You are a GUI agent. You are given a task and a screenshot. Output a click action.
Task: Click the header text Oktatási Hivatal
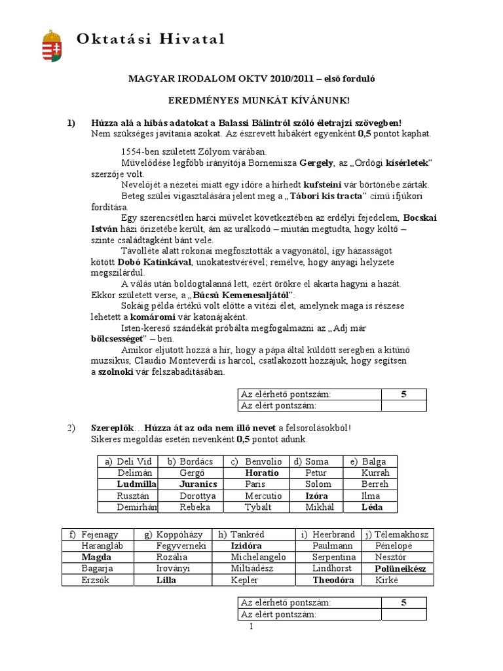(151, 39)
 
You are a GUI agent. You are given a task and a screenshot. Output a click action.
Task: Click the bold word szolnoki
(117, 372)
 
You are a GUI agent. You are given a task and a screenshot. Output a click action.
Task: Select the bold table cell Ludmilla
(136, 484)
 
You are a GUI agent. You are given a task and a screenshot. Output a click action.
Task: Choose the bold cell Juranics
(197, 484)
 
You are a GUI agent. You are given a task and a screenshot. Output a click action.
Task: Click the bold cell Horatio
(262, 472)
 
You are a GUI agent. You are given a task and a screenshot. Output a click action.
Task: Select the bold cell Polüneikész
(400, 568)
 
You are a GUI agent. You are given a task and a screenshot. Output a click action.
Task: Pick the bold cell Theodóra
(333, 580)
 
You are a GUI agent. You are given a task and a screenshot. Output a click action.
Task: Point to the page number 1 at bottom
(251, 626)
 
